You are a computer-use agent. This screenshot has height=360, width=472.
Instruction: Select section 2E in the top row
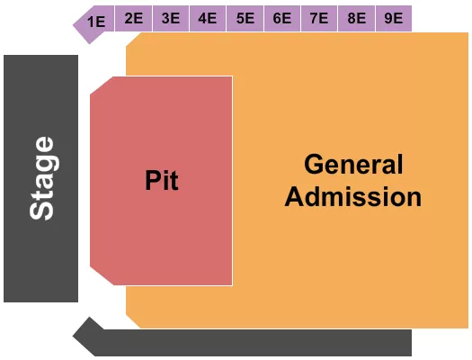pyautogui.click(x=134, y=18)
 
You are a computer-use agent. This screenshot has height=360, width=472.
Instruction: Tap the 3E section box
pyautogui.click(x=171, y=18)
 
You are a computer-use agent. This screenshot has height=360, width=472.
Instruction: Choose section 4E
pyautogui.click(x=208, y=18)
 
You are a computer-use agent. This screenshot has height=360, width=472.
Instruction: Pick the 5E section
pyautogui.click(x=245, y=18)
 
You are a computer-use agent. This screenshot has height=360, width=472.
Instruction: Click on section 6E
pyautogui.click(x=281, y=18)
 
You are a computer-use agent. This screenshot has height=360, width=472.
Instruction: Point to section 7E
pyautogui.click(x=318, y=18)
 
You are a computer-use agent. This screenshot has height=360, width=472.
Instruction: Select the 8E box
pyautogui.click(x=356, y=18)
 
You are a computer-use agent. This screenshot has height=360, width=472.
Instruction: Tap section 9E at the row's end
pyautogui.click(x=393, y=18)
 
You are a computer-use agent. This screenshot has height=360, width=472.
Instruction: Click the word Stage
pyautogui.click(x=41, y=178)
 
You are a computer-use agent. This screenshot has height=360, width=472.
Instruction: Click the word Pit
pyautogui.click(x=162, y=181)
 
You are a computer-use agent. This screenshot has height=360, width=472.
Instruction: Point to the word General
pyautogui.click(x=353, y=165)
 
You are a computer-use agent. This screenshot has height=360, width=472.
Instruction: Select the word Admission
pyautogui.click(x=353, y=196)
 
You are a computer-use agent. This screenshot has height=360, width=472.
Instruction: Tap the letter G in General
pyautogui.click(x=314, y=165)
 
